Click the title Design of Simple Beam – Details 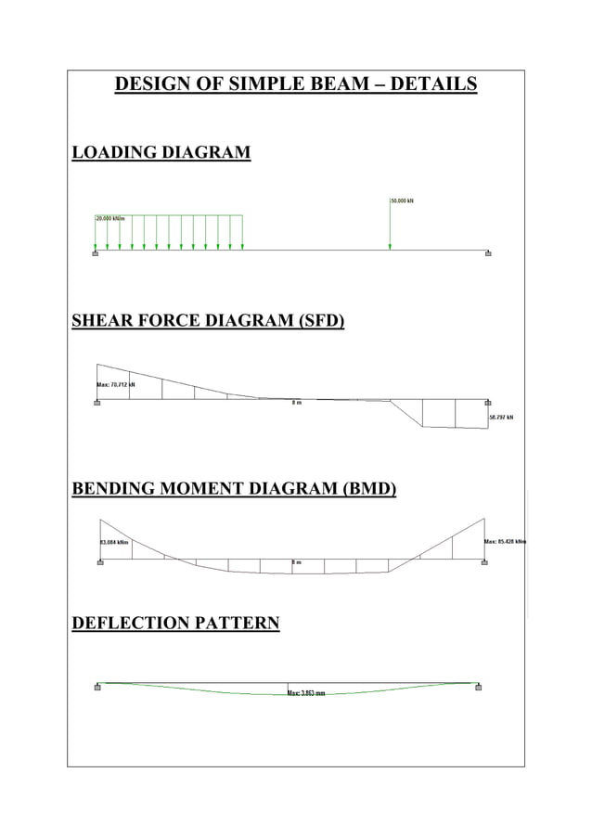point(295,85)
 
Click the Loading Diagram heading point(161,152)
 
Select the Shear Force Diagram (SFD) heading point(208,322)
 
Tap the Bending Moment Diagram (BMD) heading point(234,488)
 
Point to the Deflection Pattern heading point(175,623)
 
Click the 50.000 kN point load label point(403,200)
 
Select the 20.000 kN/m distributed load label point(109,219)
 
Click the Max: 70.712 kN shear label point(116,384)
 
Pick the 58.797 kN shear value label point(501,418)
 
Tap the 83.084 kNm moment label point(113,542)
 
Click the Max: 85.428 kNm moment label point(505,541)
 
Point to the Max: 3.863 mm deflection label point(306,693)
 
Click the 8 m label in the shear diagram point(296,404)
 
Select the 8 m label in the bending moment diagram point(296,563)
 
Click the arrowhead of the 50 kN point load point(390,247)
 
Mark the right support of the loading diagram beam point(489,252)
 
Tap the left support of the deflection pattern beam point(97,688)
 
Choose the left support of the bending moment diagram point(99,562)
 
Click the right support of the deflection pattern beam point(478,688)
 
